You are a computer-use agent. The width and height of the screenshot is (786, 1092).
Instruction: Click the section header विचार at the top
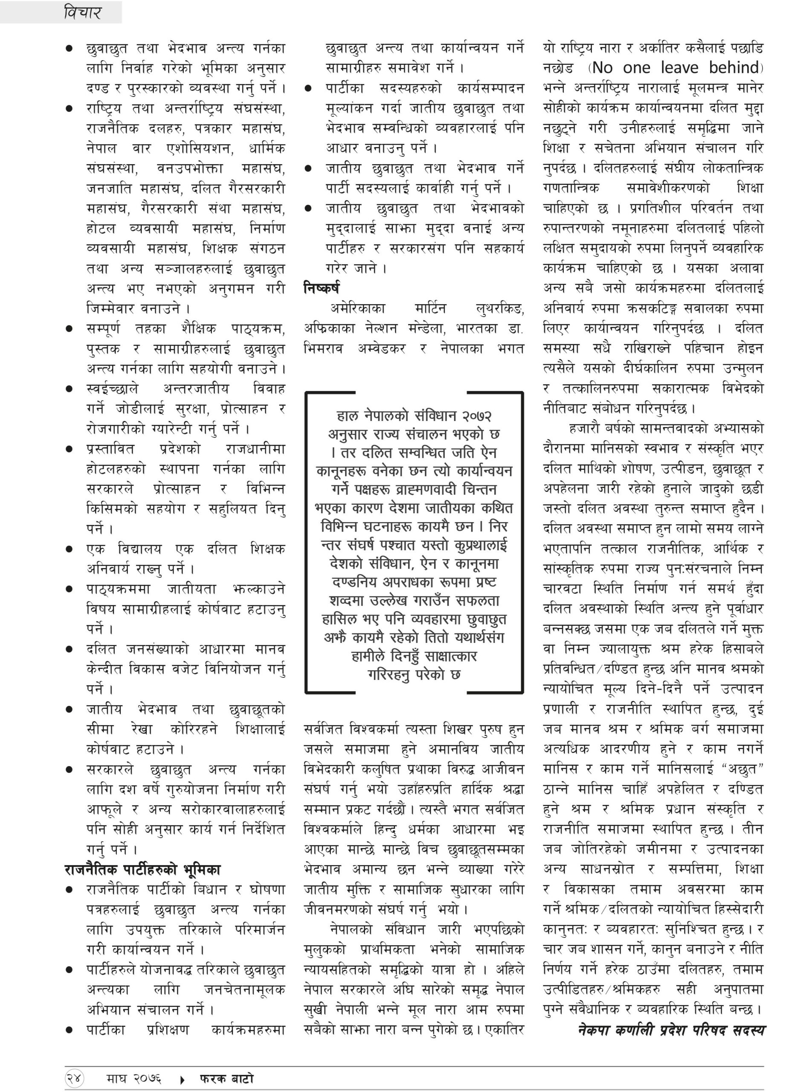click(82, 12)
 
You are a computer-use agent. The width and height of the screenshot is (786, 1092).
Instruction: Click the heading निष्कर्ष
click(321, 288)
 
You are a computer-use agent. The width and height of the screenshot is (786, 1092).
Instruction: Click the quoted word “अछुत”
click(742, 769)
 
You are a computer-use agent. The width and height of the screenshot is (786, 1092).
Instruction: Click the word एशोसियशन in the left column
click(199, 148)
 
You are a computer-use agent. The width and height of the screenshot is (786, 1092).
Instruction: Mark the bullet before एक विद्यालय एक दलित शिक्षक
click(70, 549)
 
